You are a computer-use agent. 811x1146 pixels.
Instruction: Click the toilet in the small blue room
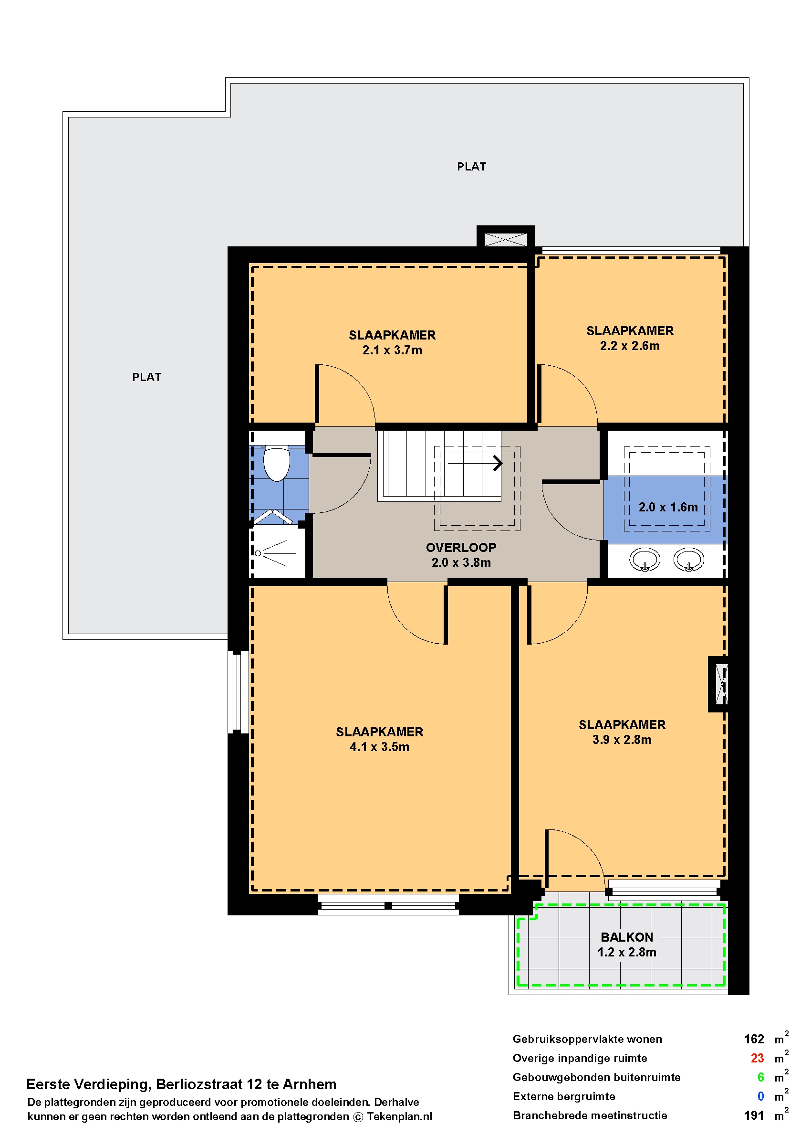tap(276, 463)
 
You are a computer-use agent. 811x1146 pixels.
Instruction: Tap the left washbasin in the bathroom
tap(645, 559)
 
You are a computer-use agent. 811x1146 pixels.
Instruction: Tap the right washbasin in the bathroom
tap(689, 559)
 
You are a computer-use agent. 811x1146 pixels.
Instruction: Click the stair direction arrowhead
tap(498, 463)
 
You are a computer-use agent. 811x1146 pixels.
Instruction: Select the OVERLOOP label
tap(461, 547)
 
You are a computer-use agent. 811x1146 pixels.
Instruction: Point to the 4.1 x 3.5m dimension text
tap(380, 747)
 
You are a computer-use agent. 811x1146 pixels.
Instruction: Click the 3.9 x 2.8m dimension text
tap(622, 740)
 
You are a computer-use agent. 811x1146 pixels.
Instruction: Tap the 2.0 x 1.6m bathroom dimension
tap(668, 507)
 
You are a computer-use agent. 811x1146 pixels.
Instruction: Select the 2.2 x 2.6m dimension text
tap(630, 345)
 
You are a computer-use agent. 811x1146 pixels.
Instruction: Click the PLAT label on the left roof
tap(147, 377)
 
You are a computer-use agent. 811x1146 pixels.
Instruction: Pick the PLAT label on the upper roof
tap(471, 167)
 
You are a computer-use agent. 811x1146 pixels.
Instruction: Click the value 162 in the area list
tap(754, 1039)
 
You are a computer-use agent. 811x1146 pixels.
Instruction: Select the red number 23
tap(757, 1058)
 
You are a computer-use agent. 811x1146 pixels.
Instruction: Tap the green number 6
tap(760, 1077)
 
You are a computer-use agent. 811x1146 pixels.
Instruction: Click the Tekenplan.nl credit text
tap(399, 1116)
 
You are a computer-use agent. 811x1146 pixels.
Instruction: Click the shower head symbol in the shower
tap(258, 553)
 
